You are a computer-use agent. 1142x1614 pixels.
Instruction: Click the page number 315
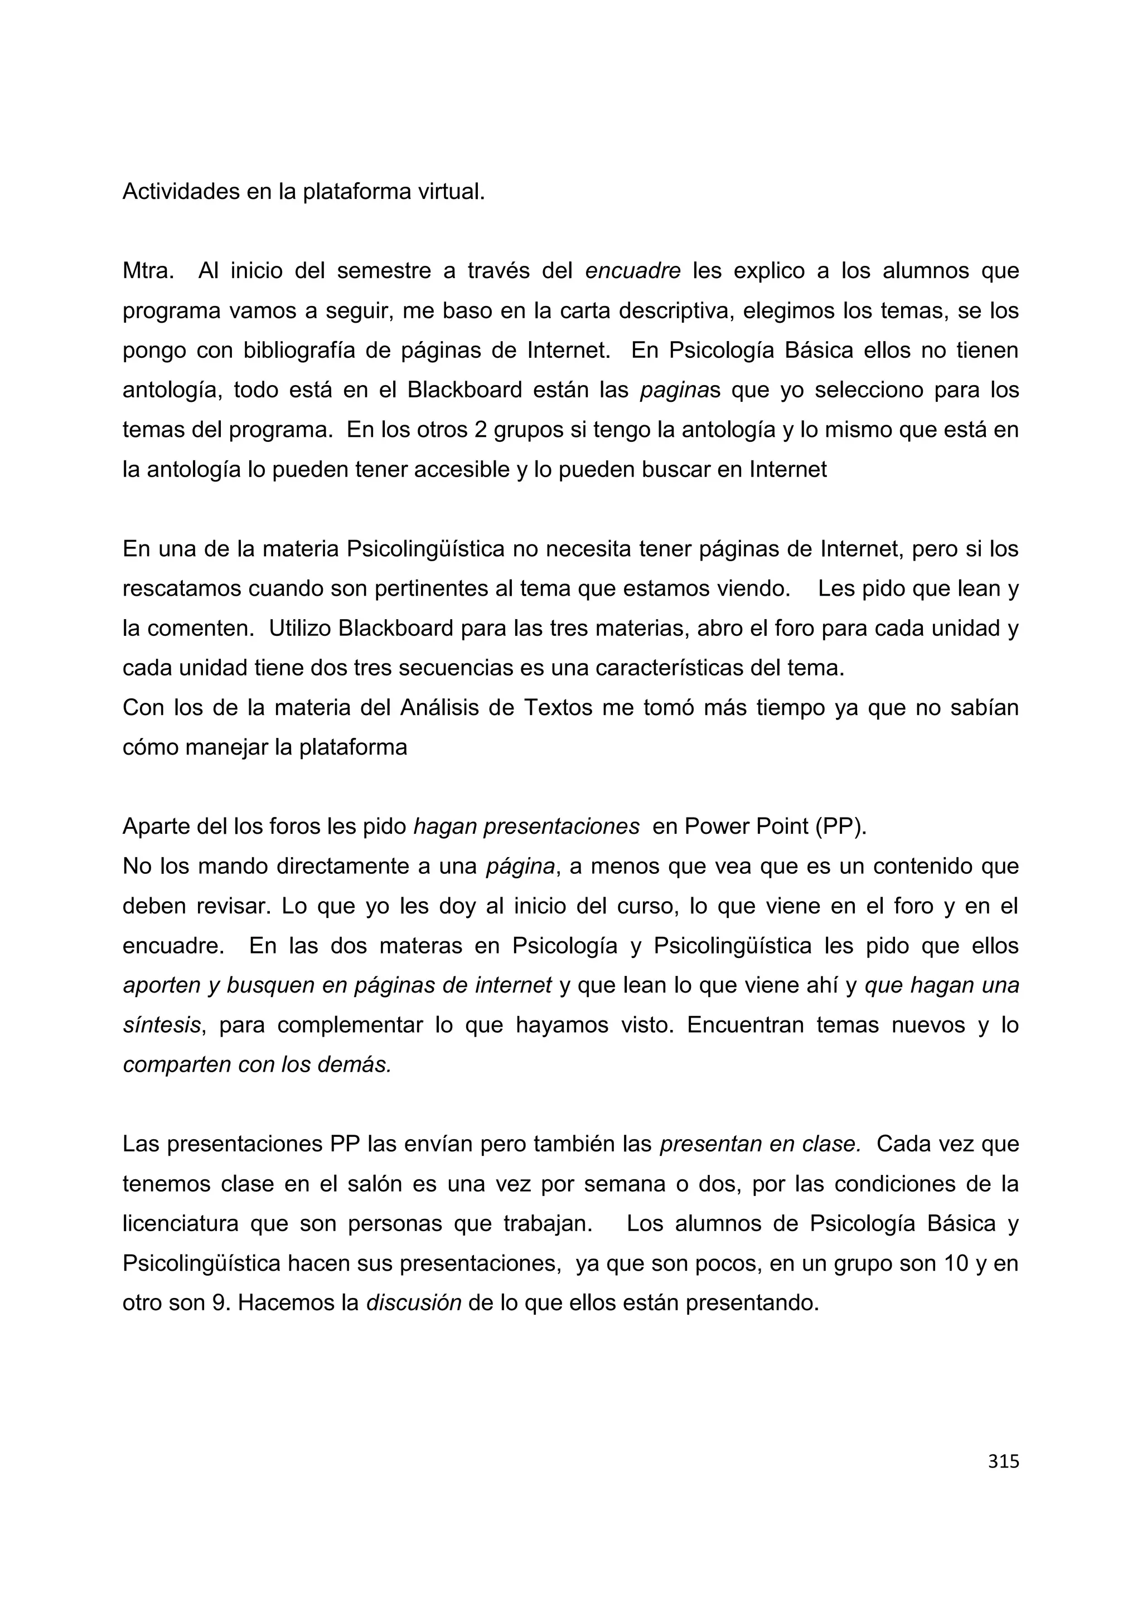1003,1461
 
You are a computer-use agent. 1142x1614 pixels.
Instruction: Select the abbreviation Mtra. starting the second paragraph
148,271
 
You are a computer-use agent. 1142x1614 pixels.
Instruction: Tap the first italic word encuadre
632,271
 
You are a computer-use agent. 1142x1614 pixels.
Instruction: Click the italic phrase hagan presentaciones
526,827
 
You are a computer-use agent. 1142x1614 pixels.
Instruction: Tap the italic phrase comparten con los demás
257,1065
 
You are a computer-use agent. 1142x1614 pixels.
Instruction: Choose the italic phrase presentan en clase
760,1144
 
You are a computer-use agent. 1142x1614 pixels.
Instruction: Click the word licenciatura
181,1224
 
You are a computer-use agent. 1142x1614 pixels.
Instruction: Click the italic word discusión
414,1303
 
